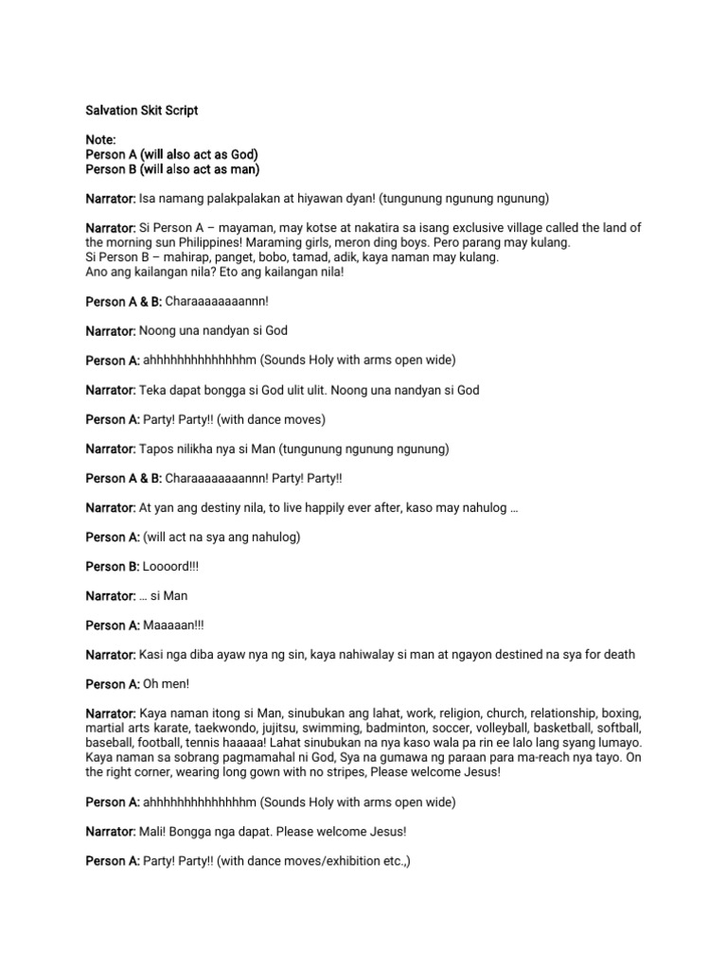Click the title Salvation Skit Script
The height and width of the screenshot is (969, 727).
142,111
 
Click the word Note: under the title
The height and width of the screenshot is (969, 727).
100,139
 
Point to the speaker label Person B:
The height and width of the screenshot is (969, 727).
112,566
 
